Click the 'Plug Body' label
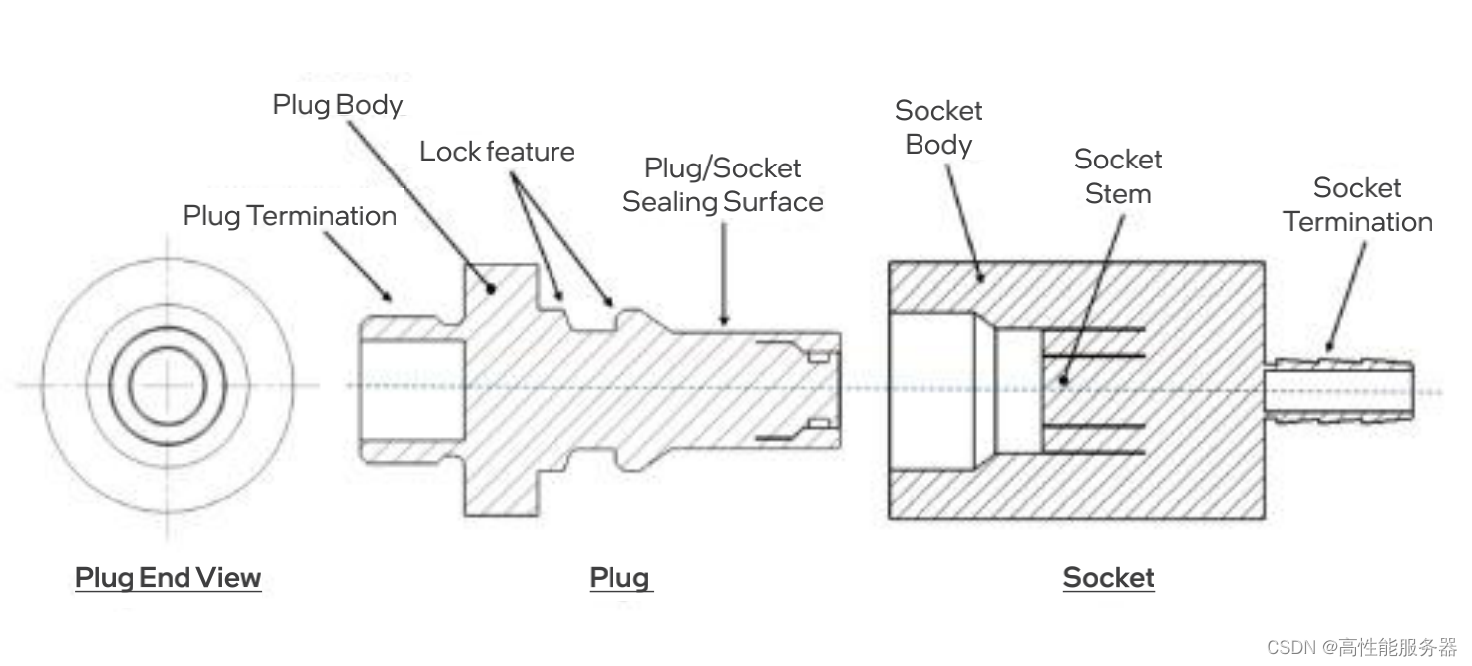pyautogui.click(x=338, y=105)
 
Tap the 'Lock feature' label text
pyautogui.click(x=497, y=152)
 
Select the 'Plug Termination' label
pyautogui.click(x=289, y=216)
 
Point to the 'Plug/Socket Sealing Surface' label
pyautogui.click(x=723, y=185)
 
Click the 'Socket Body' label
pyautogui.click(x=938, y=127)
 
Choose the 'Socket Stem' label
pyautogui.click(x=1118, y=176)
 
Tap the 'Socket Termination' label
pyautogui.click(x=1357, y=205)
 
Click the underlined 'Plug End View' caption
pyautogui.click(x=168, y=578)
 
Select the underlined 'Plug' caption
pyautogui.click(x=619, y=578)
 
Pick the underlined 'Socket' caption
pyautogui.click(x=1108, y=578)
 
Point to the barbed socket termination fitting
pyautogui.click(x=1341, y=387)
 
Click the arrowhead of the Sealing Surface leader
pyautogui.click(x=725, y=321)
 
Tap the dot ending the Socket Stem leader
pyautogui.click(x=1064, y=380)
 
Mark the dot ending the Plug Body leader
pyautogui.click(x=491, y=289)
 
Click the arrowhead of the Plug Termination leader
pyautogui.click(x=390, y=297)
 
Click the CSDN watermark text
pyautogui.click(x=1361, y=647)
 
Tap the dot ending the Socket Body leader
pyautogui.click(x=983, y=278)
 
